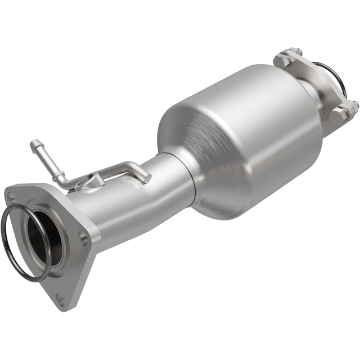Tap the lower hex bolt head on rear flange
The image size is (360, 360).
[x=339, y=114]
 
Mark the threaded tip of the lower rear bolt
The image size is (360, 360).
[x=355, y=105]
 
